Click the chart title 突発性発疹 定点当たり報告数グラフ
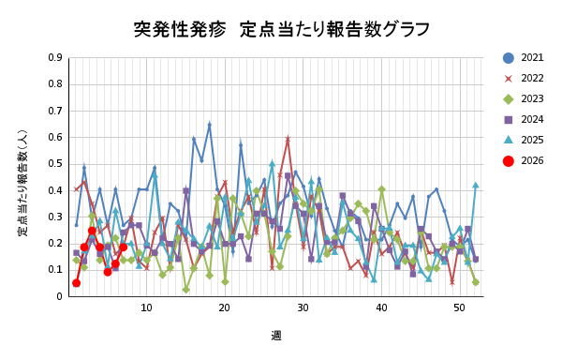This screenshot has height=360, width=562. click(x=281, y=29)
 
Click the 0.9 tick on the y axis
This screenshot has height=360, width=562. click(x=55, y=57)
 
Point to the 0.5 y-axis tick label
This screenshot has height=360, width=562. click(x=55, y=164)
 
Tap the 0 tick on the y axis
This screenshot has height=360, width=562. click(x=60, y=297)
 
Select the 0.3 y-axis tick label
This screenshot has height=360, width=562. click(x=55, y=217)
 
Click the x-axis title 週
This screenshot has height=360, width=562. click(x=276, y=335)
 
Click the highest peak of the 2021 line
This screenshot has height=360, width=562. click(x=209, y=124)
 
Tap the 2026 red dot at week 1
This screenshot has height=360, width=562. click(x=76, y=283)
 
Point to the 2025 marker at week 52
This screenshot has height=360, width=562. click(x=475, y=186)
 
